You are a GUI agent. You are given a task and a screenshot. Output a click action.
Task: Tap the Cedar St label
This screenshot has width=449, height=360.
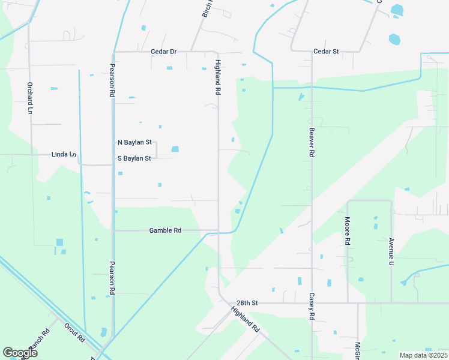pos(327,52)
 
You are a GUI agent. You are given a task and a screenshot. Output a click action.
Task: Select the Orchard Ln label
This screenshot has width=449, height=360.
pos(28,98)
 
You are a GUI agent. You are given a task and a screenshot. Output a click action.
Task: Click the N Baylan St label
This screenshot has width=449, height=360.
pos(134,143)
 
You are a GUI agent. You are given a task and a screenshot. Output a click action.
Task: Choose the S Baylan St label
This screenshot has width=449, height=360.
pos(134,158)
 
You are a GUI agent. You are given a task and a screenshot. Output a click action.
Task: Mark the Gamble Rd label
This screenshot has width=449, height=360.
pos(165,230)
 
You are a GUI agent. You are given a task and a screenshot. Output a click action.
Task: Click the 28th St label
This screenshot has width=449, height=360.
pos(246,304)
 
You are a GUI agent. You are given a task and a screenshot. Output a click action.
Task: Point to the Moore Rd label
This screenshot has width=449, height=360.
pos(347,232)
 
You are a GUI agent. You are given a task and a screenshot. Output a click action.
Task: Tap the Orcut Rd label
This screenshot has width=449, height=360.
pos(75,332)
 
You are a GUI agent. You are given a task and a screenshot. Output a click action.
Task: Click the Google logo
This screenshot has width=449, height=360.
pos(20,353)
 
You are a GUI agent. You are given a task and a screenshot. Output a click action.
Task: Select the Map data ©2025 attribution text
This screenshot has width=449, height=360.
pos(423,355)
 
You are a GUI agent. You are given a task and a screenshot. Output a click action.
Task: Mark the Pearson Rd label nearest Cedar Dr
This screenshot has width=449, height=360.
pos(112,80)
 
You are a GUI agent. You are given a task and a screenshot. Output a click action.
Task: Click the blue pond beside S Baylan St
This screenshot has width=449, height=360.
pos(175,149)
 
